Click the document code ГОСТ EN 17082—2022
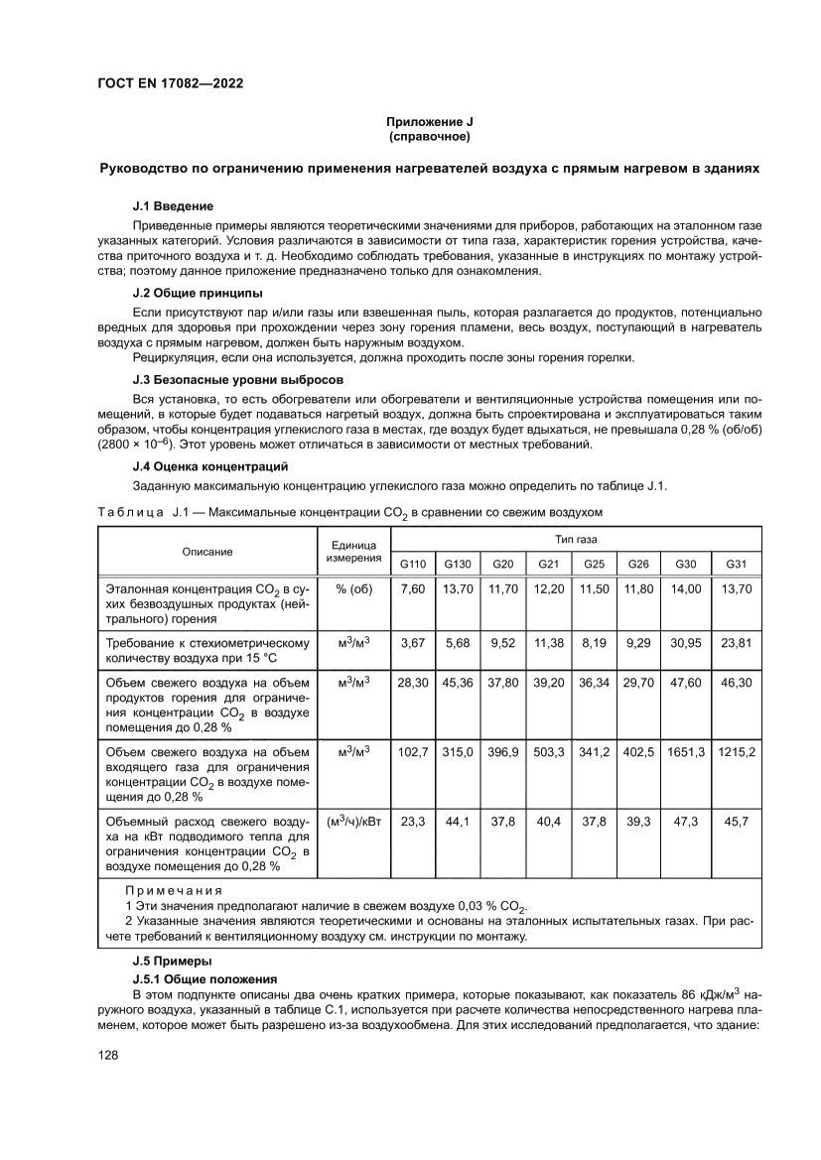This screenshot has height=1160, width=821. pyautogui.click(x=170, y=83)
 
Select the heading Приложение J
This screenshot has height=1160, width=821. pyautogui.click(x=429, y=121)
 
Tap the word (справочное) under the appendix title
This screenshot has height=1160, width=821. pyautogui.click(x=429, y=135)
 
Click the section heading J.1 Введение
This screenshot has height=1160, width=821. pyautogui.click(x=173, y=206)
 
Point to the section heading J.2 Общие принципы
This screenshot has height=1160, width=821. pyautogui.click(x=198, y=293)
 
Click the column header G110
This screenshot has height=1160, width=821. pyautogui.click(x=412, y=564)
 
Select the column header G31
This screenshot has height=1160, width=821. pyautogui.click(x=736, y=564)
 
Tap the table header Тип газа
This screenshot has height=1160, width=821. pyautogui.click(x=575, y=539)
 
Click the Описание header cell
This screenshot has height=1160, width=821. pyautogui.click(x=206, y=552)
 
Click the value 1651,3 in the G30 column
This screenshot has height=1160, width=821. pyautogui.click(x=686, y=753)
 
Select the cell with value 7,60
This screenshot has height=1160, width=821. pyautogui.click(x=412, y=588)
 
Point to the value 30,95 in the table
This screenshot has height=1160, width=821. pyautogui.click(x=686, y=643)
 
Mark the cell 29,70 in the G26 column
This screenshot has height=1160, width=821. pyautogui.click(x=637, y=683)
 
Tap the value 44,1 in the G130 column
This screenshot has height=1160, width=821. pyautogui.click(x=458, y=822)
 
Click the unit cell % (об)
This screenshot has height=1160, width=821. pyautogui.click(x=353, y=588)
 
